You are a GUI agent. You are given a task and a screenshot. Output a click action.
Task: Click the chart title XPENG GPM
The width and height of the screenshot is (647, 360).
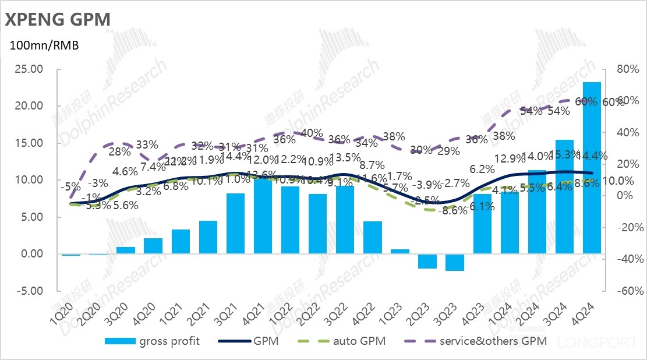click(x=57, y=19)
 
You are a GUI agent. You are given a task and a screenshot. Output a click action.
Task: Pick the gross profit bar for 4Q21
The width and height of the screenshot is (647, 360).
click(x=263, y=216)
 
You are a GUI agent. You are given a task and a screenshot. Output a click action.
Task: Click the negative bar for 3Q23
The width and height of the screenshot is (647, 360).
click(x=454, y=262)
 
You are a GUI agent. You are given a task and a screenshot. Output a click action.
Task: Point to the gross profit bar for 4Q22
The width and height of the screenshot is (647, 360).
click(x=373, y=237)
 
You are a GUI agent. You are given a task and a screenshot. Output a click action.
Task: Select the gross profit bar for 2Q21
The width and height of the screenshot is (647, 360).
click(x=208, y=237)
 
